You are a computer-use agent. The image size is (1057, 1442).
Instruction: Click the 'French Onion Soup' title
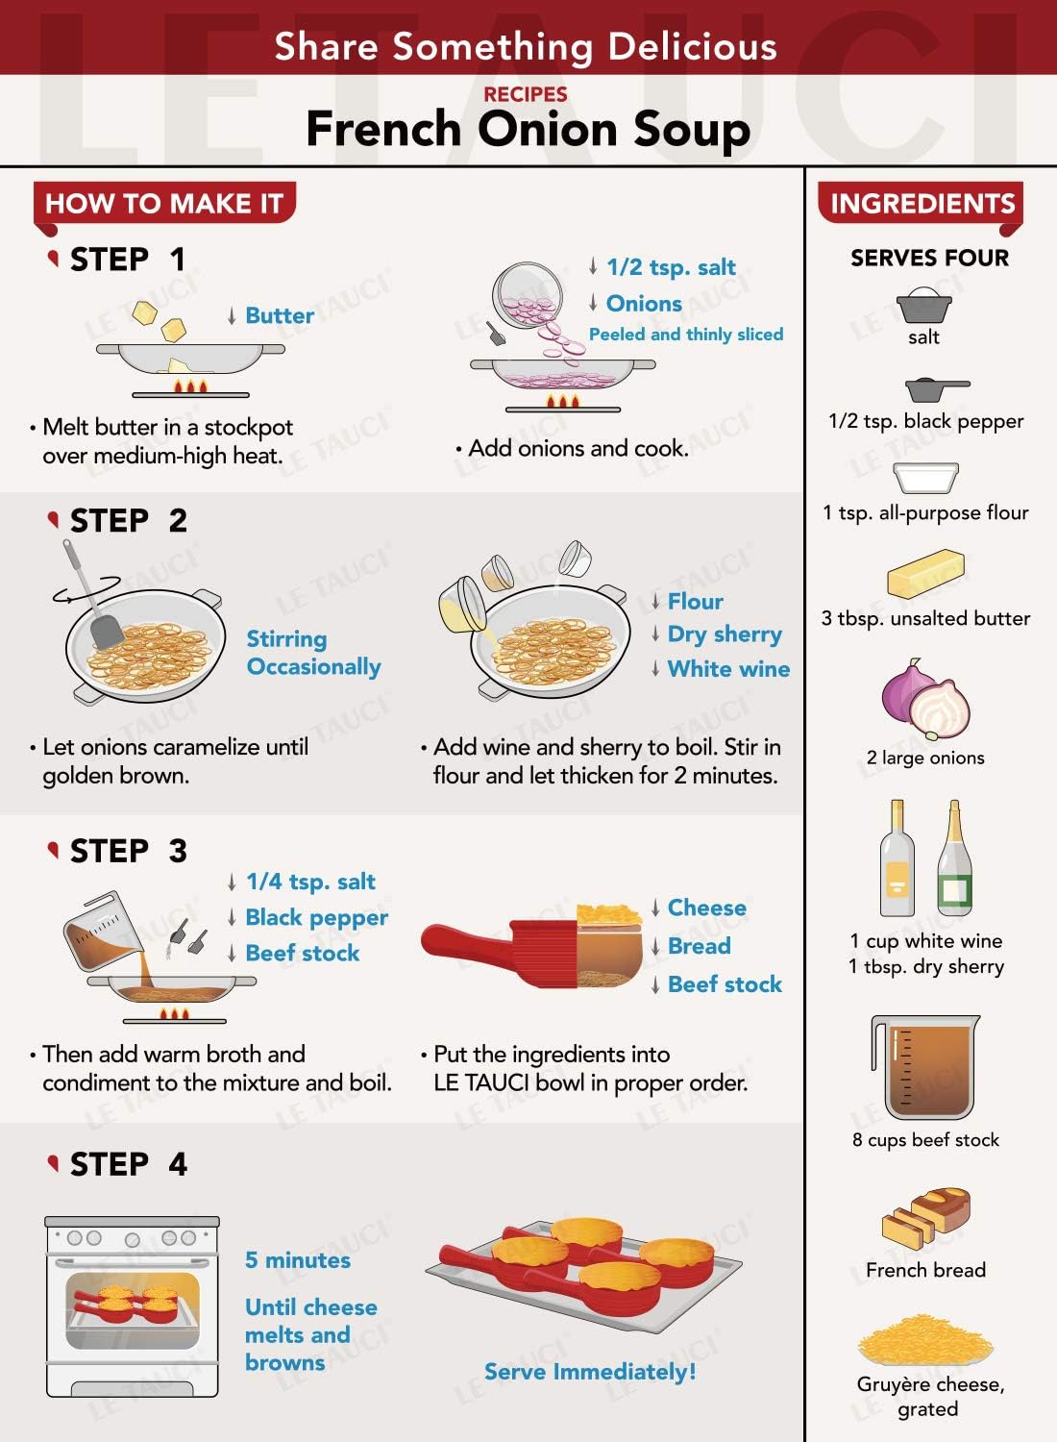(x=528, y=129)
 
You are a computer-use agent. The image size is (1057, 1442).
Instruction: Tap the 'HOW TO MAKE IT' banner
(x=164, y=204)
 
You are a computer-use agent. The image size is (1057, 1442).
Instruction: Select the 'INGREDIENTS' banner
(x=922, y=204)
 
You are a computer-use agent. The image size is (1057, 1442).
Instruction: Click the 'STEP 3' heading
(x=128, y=851)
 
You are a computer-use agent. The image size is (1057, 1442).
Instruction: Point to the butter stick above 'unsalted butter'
(x=925, y=573)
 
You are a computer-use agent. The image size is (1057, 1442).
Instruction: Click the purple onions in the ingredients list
(x=925, y=699)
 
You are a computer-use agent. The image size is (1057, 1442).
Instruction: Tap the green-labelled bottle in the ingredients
(x=955, y=858)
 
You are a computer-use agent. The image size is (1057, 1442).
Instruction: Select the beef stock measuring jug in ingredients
(x=924, y=1067)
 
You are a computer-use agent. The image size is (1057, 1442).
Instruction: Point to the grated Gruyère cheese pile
(x=925, y=1340)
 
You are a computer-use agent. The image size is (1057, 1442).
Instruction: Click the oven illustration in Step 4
(x=132, y=1306)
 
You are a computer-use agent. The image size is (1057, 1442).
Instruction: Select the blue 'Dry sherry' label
(x=725, y=634)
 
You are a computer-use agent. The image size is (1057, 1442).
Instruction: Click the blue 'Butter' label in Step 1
(x=280, y=315)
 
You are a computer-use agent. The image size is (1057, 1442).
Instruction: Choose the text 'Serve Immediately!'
(x=590, y=1371)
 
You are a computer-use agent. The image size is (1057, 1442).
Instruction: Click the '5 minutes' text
(x=298, y=1259)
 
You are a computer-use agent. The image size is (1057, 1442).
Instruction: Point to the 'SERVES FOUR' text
(x=929, y=258)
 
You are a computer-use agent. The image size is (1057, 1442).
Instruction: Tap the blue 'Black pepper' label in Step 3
(x=316, y=917)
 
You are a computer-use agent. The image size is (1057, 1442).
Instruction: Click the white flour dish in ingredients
(x=925, y=477)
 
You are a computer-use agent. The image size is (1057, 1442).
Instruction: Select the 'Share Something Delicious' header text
(x=526, y=46)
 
